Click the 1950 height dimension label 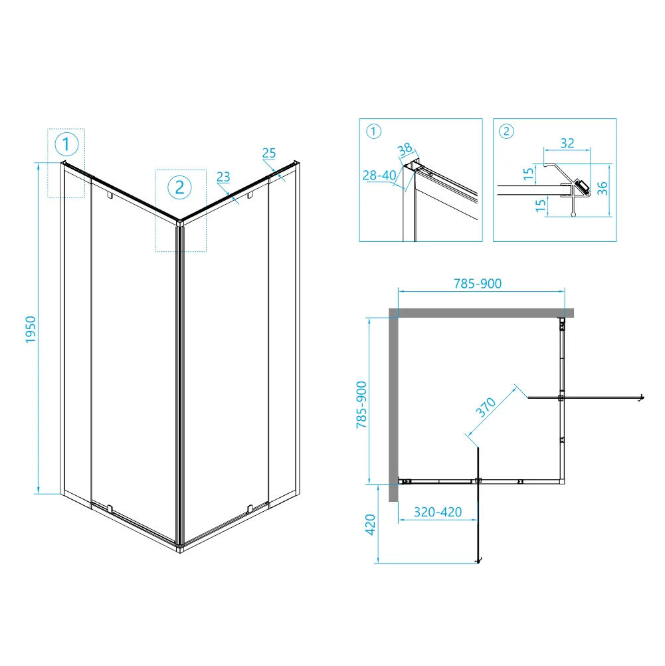31,330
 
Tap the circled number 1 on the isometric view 66,144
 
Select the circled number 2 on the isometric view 179,187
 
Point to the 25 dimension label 269,153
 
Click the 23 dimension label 223,177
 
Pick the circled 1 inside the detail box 374,131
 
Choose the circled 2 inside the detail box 506,131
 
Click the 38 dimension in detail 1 405,149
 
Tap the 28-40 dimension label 379,175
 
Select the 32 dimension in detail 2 567,143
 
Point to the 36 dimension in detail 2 602,188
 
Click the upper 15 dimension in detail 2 528,173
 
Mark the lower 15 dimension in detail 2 540,205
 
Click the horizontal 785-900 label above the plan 478,283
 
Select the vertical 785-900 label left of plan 361,405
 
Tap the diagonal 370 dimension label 486,407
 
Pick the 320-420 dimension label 438,512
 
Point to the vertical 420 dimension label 370,524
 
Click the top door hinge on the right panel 250,195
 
